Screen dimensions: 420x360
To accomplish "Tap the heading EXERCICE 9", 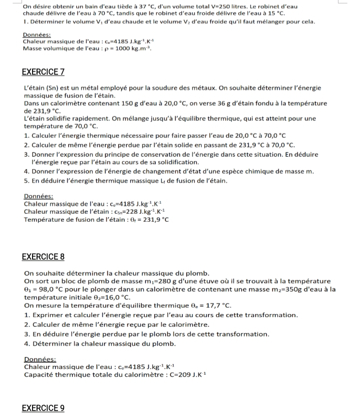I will [x=43, y=408].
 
